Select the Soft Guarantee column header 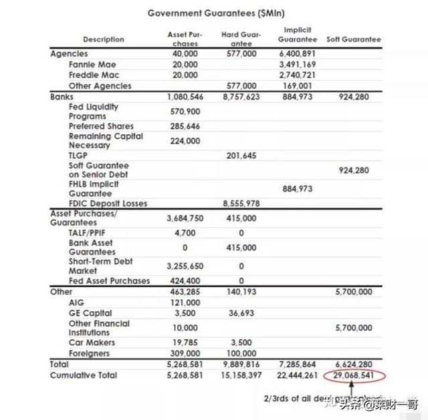[353, 39]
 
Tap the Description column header [103, 39]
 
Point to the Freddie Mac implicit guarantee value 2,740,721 [297, 75]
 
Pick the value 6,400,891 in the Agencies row [297, 54]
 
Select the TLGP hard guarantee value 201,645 [241, 156]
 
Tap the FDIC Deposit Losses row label [108, 204]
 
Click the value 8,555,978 [241, 204]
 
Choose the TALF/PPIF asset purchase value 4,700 [185, 233]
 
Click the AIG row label [77, 302]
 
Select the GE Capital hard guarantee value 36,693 [241, 313]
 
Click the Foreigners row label [89, 353]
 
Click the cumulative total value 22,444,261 [297, 375]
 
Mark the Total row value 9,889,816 [241, 365]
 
